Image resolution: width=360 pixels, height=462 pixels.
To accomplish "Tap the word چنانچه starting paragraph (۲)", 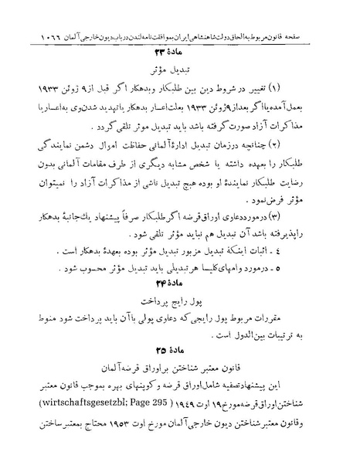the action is point(290,144).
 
